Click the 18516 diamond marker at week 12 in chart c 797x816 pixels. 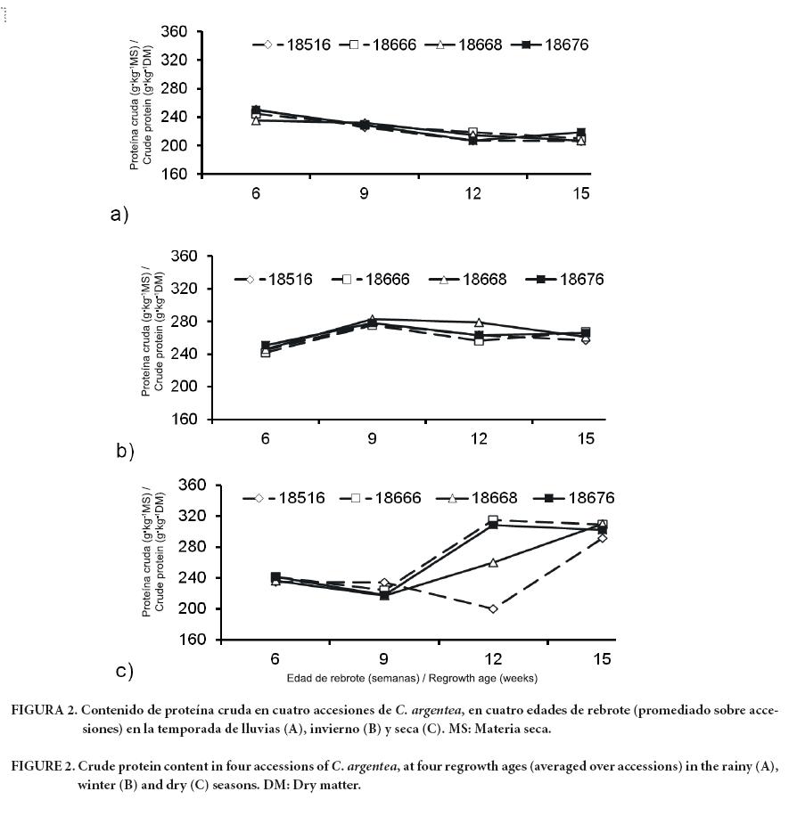pyautogui.click(x=492, y=608)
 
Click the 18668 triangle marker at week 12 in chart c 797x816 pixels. pyautogui.click(x=492, y=563)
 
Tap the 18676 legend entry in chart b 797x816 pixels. pyautogui.click(x=570, y=280)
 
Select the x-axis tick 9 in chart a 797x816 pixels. pyautogui.click(x=365, y=192)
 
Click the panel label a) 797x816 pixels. pyautogui.click(x=119, y=215)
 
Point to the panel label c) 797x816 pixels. pyautogui.click(x=125, y=671)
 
